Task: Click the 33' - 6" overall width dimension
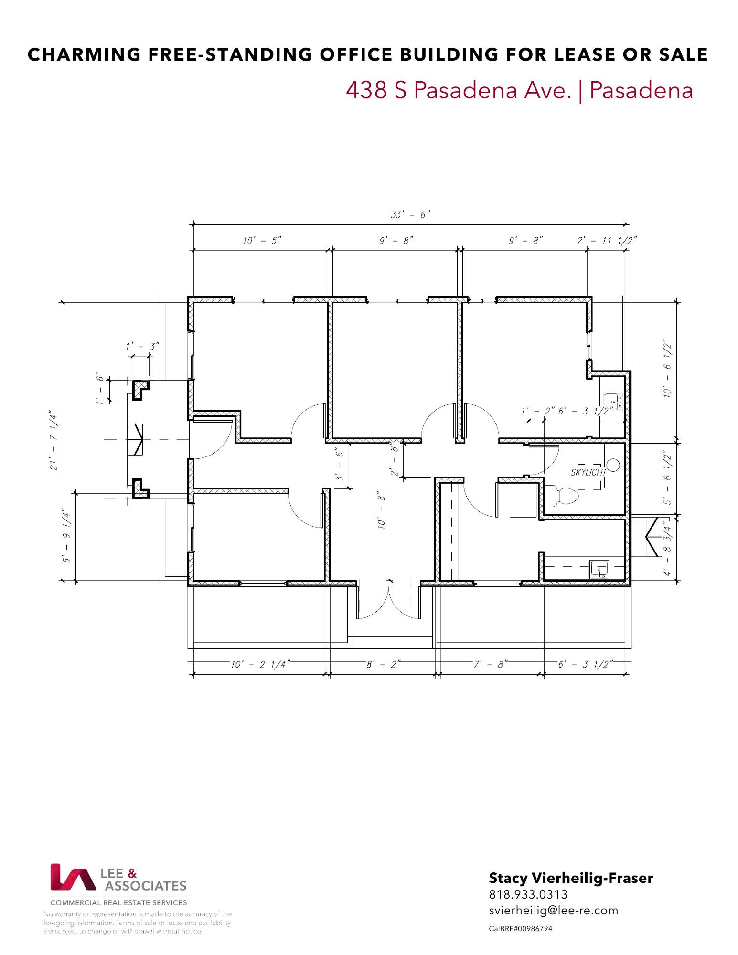point(410,215)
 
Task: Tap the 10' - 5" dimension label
point(262,240)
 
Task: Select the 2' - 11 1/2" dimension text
point(607,240)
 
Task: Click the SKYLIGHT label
point(588,472)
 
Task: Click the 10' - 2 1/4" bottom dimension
point(260,664)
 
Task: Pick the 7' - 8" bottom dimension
point(491,664)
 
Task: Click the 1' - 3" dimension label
point(142,346)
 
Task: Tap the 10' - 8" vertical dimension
point(382,509)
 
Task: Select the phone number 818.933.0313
point(528,894)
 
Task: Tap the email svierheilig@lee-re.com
point(554,910)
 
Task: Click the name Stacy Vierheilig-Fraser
point(571,878)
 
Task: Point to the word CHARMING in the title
point(84,54)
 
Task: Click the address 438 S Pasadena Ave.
point(459,90)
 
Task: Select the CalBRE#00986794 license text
point(521,929)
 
